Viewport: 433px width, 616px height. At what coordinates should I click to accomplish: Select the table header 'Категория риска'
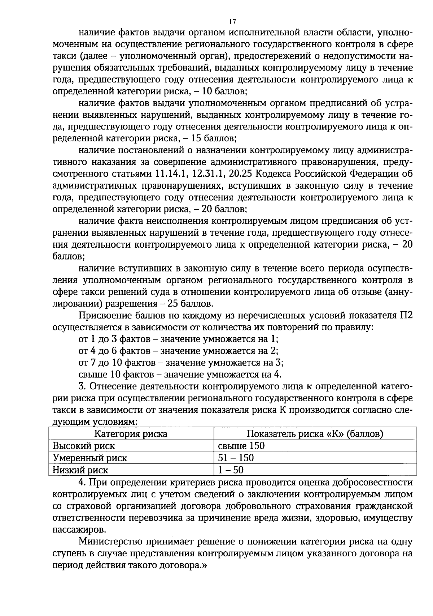point(131,434)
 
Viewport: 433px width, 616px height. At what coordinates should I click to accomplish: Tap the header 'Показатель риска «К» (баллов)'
point(315,434)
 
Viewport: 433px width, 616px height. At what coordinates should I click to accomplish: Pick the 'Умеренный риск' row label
point(90,458)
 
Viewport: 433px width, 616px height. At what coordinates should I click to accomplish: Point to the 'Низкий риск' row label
point(80,470)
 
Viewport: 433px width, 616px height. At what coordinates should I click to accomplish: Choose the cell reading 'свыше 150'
point(241,446)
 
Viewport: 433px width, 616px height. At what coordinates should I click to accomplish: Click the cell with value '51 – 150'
point(236,458)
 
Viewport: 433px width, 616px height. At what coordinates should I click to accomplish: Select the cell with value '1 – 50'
point(231,470)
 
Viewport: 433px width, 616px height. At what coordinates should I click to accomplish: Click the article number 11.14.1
point(171,174)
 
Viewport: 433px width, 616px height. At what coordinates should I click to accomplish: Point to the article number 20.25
point(240,174)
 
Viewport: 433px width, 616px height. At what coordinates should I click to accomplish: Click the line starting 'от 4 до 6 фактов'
point(178,351)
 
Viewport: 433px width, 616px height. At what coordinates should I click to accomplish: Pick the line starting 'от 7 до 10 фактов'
point(181,363)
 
